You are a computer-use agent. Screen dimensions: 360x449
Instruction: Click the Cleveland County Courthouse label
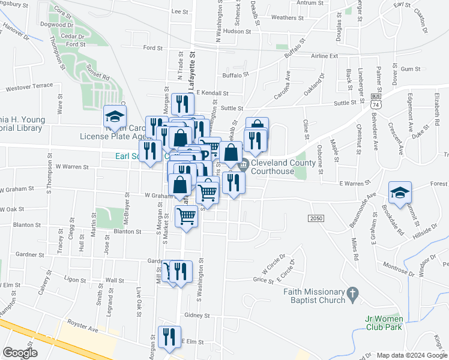[x=281, y=167]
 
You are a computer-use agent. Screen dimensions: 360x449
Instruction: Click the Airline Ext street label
[x=324, y=56]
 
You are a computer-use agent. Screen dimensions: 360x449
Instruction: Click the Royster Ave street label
[x=82, y=329]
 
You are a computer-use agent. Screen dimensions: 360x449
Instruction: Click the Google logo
[x=20, y=352]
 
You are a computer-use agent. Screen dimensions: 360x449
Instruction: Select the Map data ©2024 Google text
[x=411, y=355]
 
